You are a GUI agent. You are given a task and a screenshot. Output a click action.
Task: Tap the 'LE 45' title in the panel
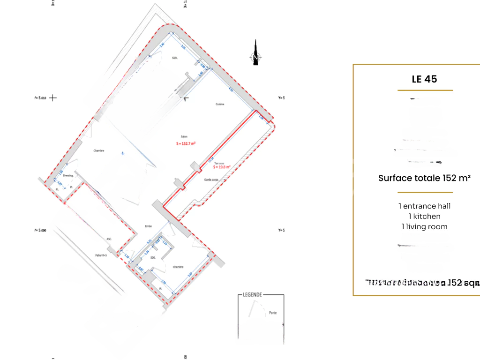point(424,79)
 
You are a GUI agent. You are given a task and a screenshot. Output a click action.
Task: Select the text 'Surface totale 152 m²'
point(424,178)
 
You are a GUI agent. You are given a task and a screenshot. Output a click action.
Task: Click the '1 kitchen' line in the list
point(424,217)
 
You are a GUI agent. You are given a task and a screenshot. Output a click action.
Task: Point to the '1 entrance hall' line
point(424,206)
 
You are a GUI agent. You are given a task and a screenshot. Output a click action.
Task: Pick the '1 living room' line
point(424,227)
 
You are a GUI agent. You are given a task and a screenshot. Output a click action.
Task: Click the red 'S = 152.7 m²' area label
point(186,144)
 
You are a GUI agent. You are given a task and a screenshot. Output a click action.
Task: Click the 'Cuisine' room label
point(220,104)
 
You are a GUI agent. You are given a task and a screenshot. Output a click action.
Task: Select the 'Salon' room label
point(184,137)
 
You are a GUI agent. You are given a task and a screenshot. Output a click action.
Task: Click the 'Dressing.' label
point(68,176)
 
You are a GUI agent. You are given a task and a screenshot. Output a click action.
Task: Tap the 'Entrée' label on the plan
point(148,226)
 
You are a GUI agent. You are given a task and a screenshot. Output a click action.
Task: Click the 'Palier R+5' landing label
point(101,255)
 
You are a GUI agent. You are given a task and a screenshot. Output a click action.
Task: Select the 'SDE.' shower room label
point(153,258)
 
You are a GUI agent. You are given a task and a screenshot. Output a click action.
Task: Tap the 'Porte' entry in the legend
point(273,313)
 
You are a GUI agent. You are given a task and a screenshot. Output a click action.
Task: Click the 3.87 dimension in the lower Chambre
point(190,275)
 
